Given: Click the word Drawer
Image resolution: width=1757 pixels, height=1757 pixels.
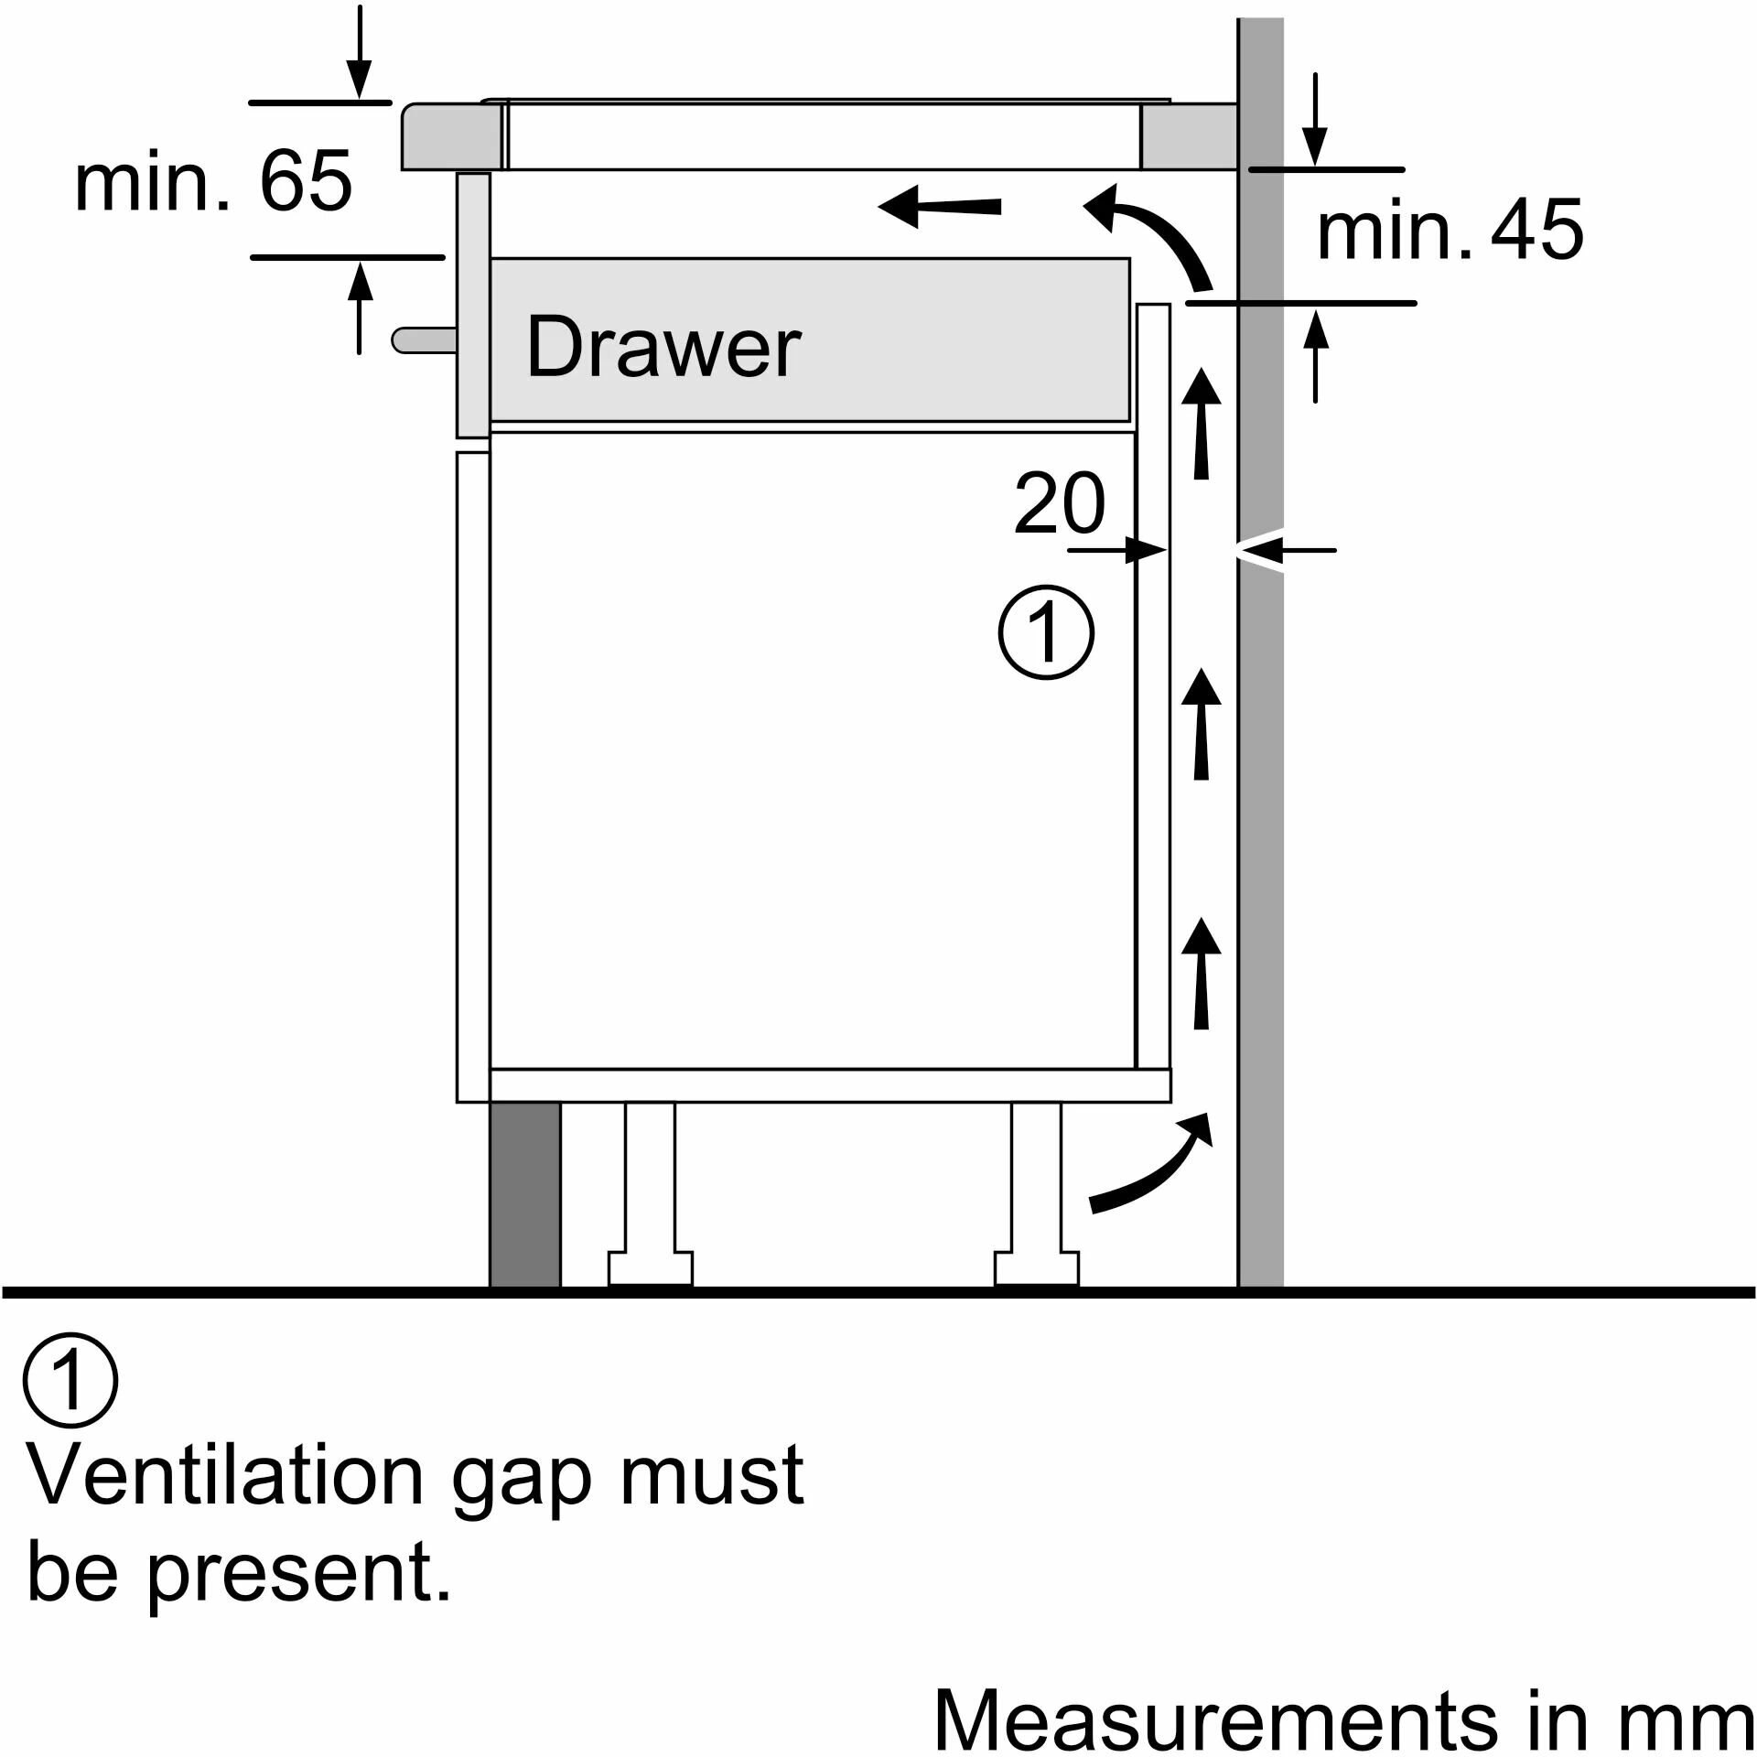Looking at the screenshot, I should coord(663,348).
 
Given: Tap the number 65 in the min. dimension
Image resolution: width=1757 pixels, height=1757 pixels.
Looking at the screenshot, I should coord(306,181).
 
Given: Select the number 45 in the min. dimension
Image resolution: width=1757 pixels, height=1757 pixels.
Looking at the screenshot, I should coord(1536,230).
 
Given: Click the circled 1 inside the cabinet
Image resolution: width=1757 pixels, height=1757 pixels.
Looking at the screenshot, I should coord(1045,632).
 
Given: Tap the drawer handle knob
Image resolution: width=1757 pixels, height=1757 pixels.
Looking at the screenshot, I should coord(424,340).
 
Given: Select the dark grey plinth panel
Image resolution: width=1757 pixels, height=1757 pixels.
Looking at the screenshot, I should coord(524,1194).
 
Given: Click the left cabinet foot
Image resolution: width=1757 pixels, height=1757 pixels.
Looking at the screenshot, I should coord(651,1199).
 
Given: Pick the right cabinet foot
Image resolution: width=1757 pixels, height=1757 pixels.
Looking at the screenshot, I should coord(1037,1199).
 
